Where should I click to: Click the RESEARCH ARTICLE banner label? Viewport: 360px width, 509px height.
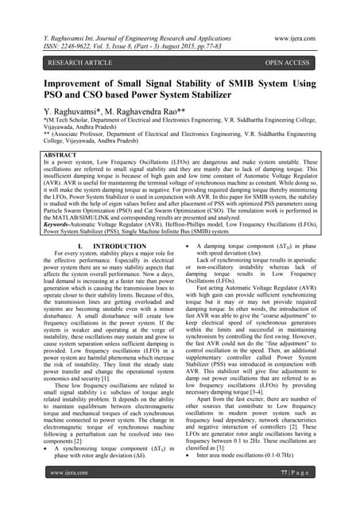63,60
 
